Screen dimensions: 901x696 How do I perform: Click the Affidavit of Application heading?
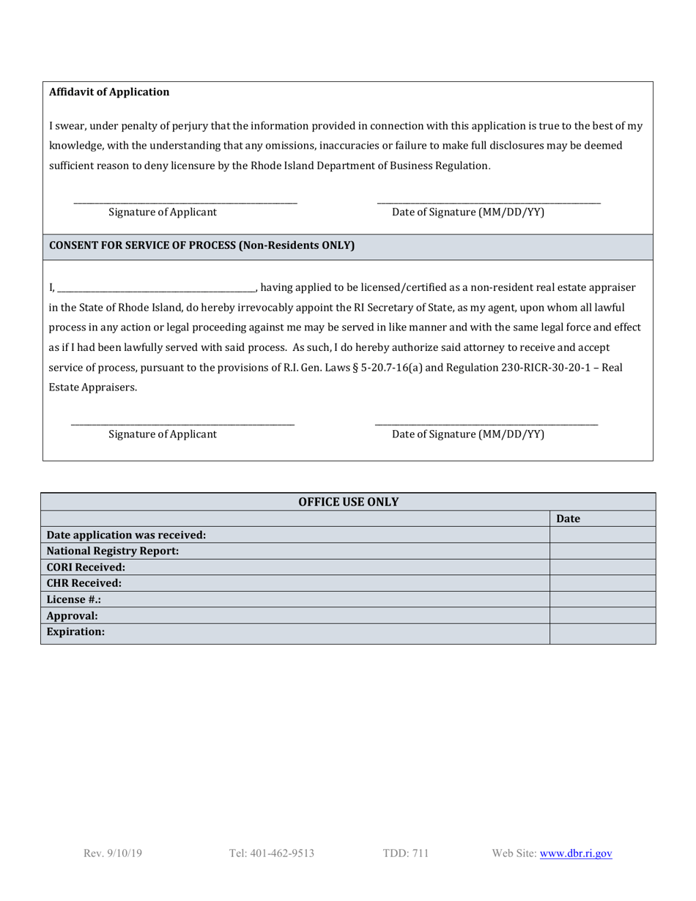pos(108,92)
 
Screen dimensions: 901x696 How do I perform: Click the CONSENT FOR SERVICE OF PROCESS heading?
pos(201,245)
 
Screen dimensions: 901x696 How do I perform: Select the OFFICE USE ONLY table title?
pos(348,502)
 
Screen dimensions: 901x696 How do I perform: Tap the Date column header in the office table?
pos(568,519)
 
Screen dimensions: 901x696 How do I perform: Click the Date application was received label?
pos(126,535)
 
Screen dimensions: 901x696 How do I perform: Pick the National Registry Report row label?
pos(112,551)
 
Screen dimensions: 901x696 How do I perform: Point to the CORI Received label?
pos(86,567)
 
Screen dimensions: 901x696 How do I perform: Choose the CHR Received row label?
pos(84,583)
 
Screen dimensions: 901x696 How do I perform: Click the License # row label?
pos(73,599)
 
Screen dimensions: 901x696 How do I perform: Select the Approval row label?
pos(72,615)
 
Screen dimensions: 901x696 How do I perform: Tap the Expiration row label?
pos(75,631)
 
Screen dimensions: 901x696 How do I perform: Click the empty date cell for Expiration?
pos(601,633)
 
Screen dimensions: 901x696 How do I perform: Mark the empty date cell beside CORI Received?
pos(601,567)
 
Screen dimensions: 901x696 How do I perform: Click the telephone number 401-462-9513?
pos(271,853)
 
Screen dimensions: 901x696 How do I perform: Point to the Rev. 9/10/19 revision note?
pos(113,853)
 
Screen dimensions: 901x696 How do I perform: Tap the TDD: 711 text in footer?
pos(405,853)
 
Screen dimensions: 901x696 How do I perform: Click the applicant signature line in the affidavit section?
pos(185,201)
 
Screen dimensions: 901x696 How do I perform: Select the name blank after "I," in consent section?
pos(155,289)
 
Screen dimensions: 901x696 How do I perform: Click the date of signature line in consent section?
pos(486,423)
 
